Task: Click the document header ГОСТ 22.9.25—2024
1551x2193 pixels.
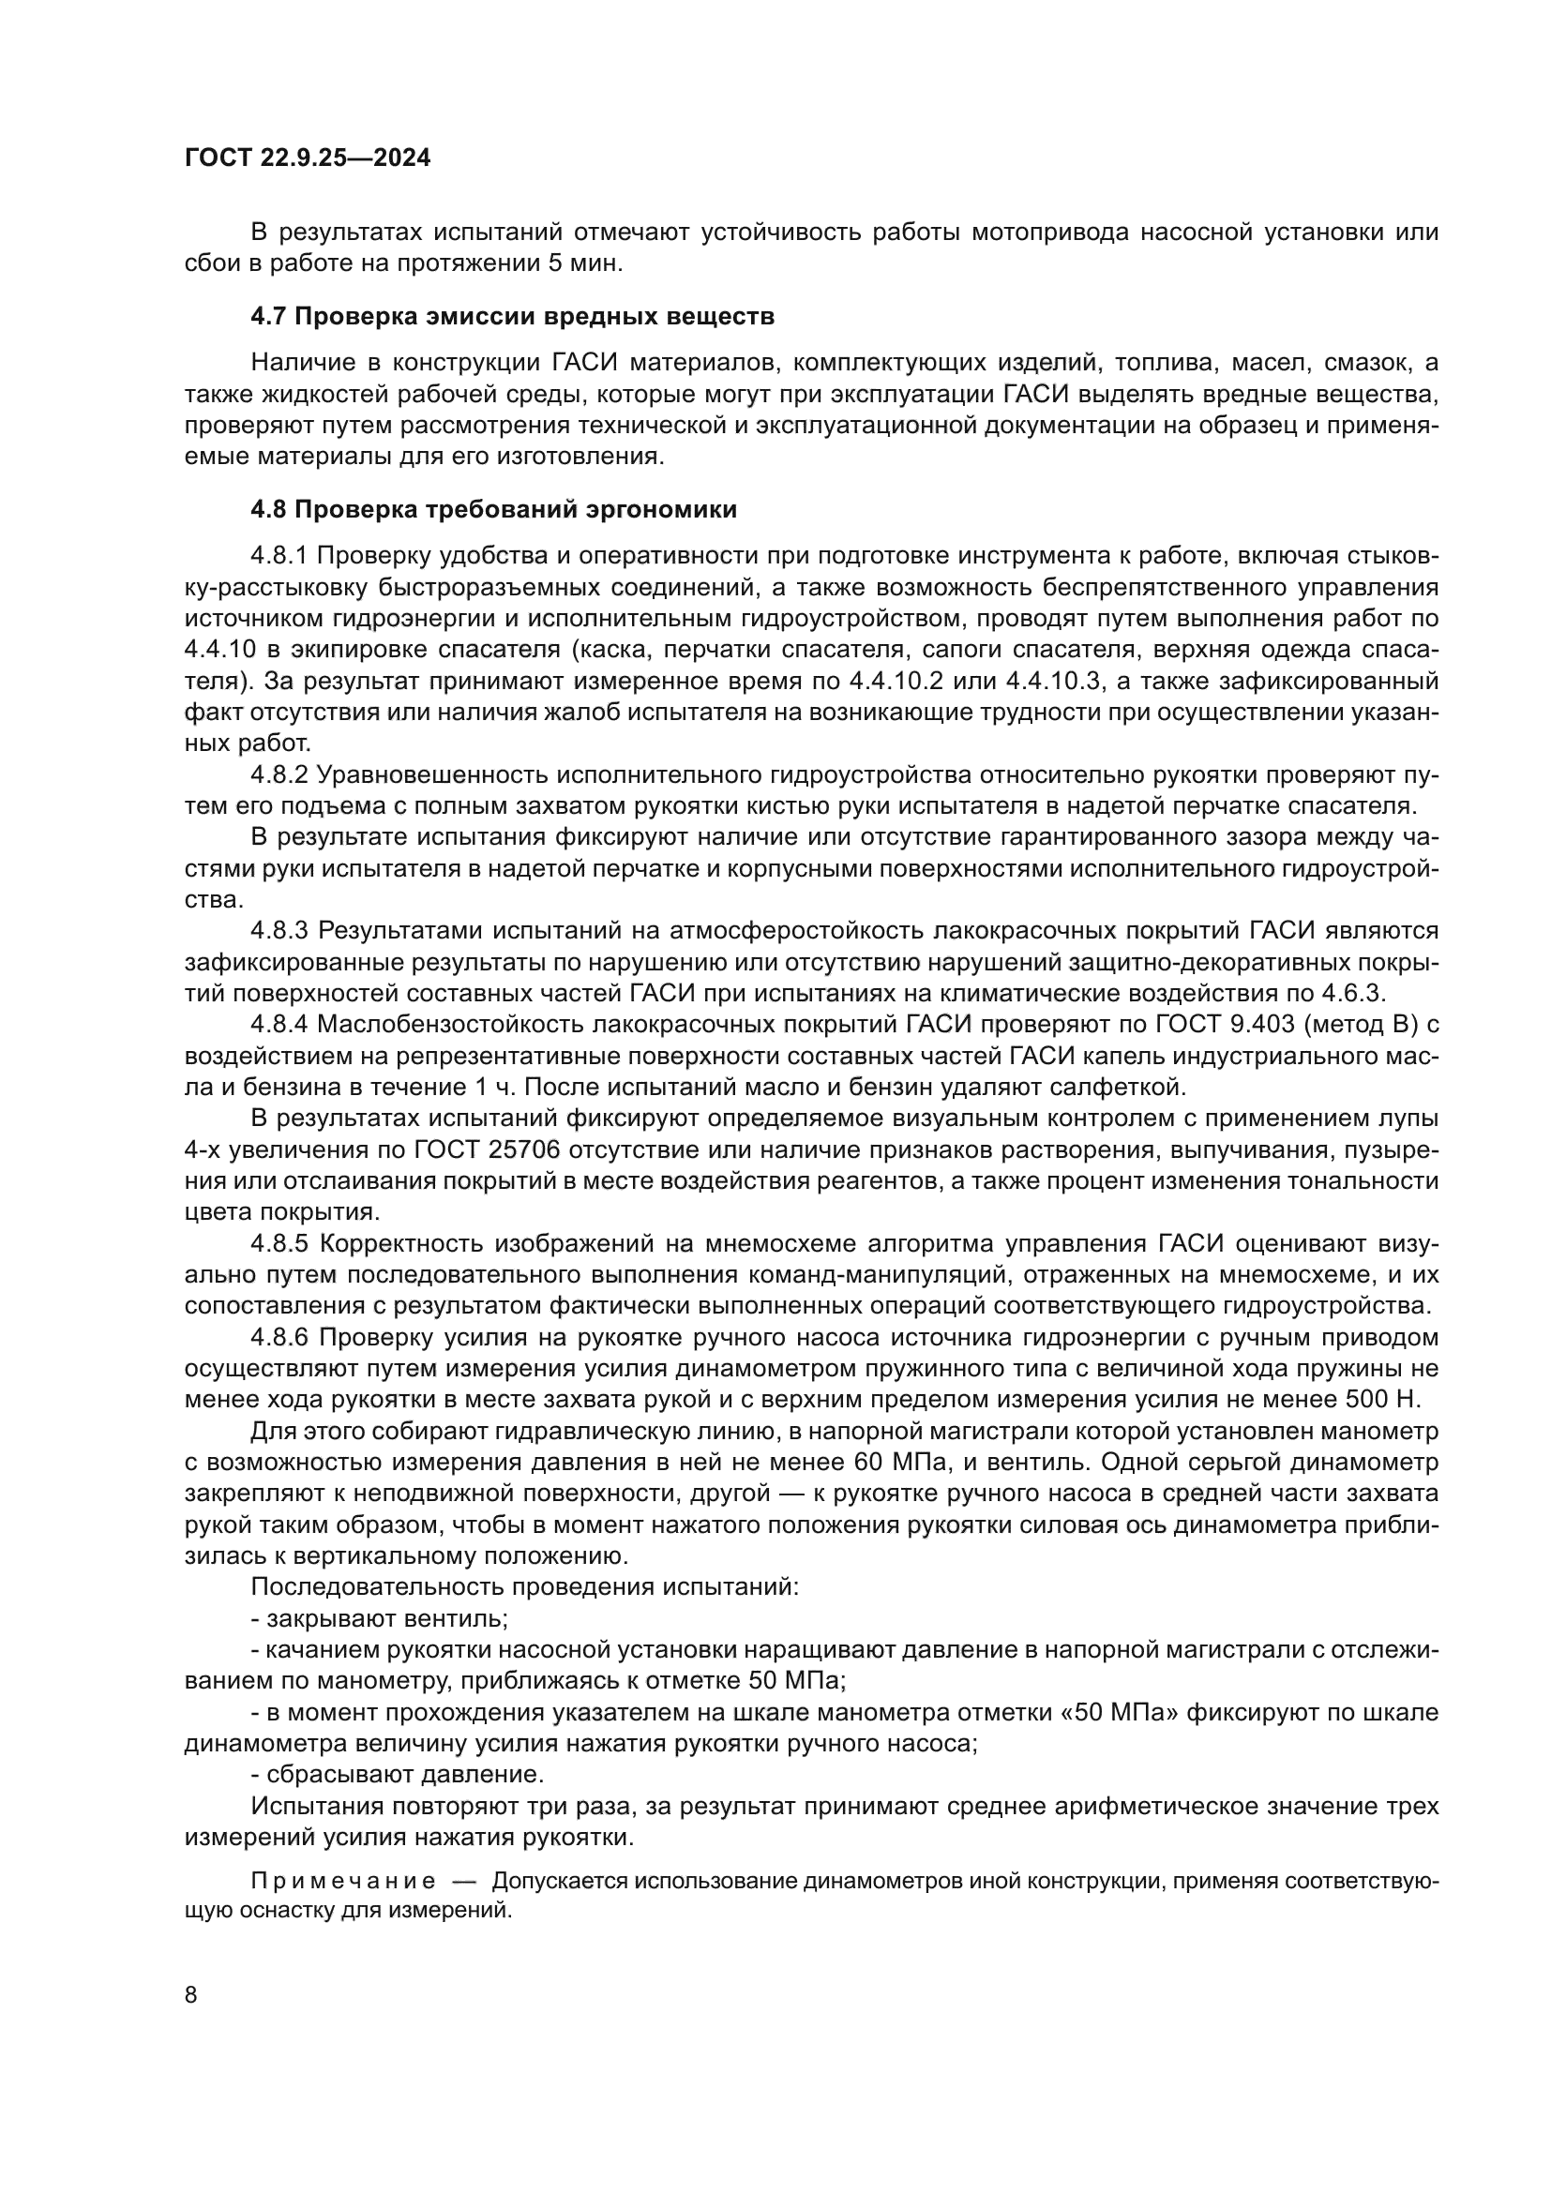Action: pyautogui.click(x=307, y=158)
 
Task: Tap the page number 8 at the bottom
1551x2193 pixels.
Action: pyautogui.click(x=191, y=1995)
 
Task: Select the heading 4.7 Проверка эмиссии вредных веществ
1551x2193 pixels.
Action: pyautogui.click(x=512, y=317)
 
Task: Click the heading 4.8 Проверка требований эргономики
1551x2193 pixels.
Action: pyautogui.click(x=493, y=509)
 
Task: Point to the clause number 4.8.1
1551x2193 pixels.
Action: pyautogui.click(x=279, y=556)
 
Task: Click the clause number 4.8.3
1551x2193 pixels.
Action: pyautogui.click(x=279, y=930)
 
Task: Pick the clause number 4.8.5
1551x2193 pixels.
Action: pyautogui.click(x=279, y=1243)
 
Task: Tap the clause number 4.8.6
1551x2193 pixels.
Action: pyautogui.click(x=279, y=1337)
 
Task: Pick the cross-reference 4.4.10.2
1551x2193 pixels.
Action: pyautogui.click(x=914, y=681)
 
